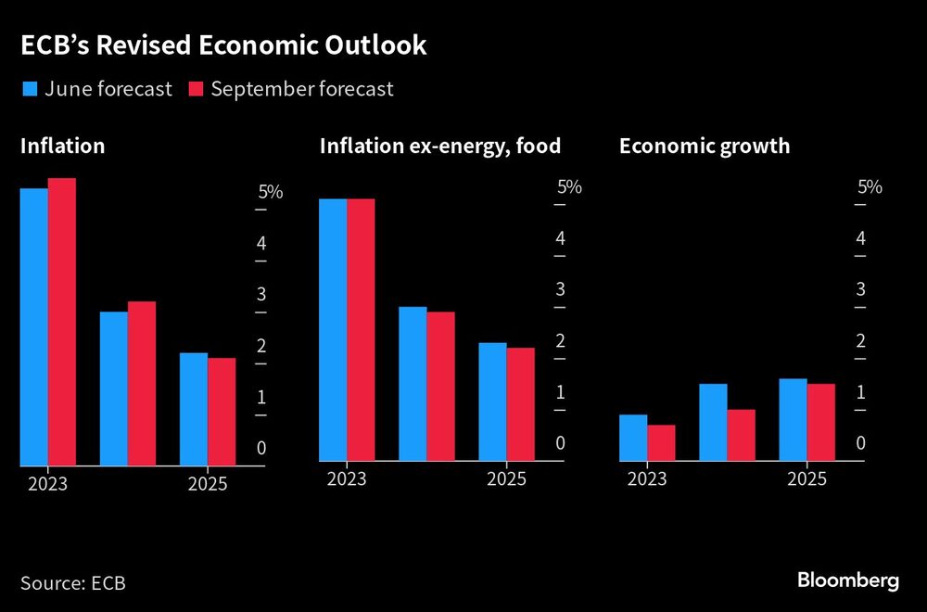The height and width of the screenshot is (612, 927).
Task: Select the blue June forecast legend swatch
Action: [29, 90]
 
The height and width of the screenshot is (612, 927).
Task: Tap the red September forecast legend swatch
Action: [196, 90]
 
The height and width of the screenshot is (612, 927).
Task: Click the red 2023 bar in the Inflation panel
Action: [62, 321]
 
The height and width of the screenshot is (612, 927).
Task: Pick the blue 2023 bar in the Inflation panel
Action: [34, 326]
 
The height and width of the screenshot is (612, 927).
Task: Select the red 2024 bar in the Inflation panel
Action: [142, 382]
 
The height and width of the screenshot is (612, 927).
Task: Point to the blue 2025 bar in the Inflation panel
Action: [194, 408]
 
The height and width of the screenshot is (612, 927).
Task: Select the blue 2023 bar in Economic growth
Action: [633, 437]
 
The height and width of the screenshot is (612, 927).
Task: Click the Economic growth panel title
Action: [705, 146]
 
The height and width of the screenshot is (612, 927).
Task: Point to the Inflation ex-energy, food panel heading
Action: [440, 146]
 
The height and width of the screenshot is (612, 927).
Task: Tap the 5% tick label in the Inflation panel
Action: [270, 192]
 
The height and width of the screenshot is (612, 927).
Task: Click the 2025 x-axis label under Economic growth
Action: [806, 479]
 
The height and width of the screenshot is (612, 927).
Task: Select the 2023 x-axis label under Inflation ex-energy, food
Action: [347, 479]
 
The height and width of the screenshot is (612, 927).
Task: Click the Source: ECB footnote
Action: [72, 583]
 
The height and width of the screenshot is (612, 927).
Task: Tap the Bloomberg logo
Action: [848, 581]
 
